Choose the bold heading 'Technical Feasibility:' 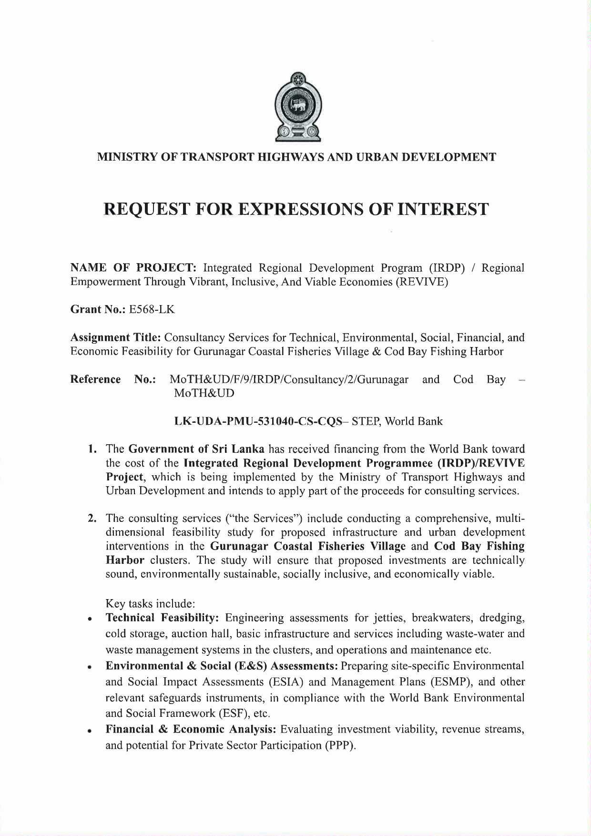162,618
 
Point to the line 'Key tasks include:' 148,604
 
